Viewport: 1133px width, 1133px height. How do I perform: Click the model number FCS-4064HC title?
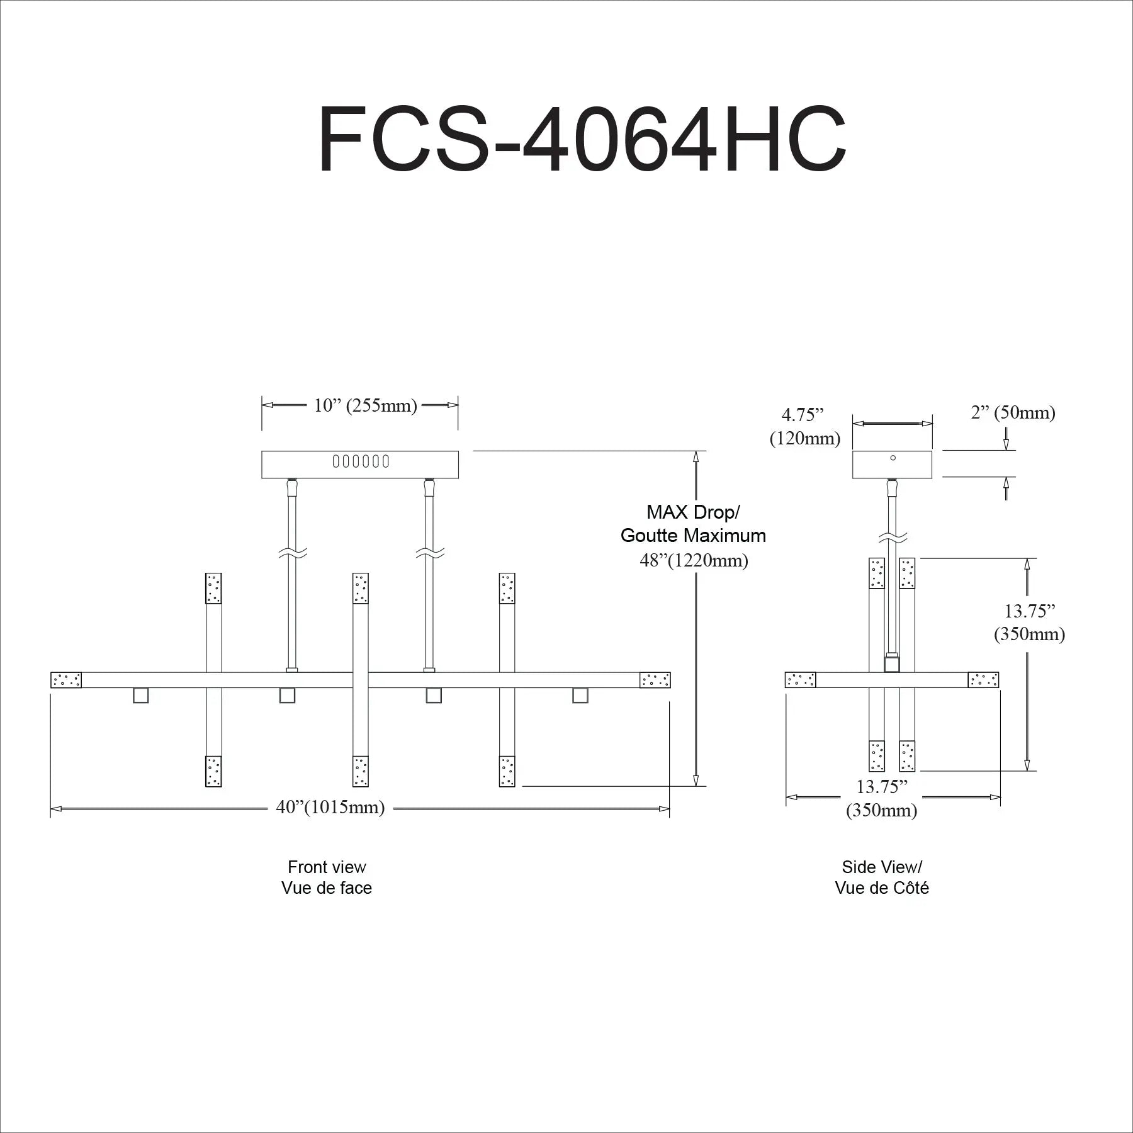click(x=582, y=139)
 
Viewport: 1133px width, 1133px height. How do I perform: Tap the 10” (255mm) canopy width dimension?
click(x=366, y=405)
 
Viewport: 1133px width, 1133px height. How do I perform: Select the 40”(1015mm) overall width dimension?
click(x=330, y=807)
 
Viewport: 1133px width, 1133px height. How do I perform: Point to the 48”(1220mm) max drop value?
click(x=694, y=560)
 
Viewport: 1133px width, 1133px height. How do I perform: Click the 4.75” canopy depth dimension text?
click(x=803, y=415)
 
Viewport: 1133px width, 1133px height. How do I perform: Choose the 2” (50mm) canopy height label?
click(x=1013, y=413)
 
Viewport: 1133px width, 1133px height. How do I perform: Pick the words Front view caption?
click(x=327, y=867)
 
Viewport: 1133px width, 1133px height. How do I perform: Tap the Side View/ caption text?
click(x=882, y=867)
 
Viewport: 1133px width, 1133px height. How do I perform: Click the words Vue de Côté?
click(x=882, y=888)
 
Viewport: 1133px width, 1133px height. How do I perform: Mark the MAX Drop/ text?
click(x=693, y=512)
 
